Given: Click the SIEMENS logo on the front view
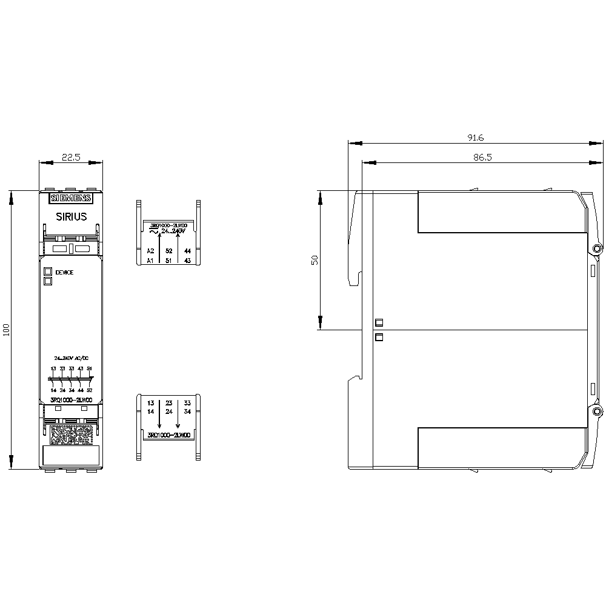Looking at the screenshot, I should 70,198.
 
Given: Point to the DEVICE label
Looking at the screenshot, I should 64,273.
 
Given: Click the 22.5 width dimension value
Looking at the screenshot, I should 71,158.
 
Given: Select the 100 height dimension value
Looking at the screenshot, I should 7,330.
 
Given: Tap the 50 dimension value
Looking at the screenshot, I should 315,260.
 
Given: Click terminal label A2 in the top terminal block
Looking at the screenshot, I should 151,250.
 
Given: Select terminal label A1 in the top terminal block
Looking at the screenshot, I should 151,261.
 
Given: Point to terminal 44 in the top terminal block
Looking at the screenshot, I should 187,250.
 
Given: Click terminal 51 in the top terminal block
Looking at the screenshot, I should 169,261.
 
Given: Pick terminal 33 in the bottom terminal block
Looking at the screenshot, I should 187,402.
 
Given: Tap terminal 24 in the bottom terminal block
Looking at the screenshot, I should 169,412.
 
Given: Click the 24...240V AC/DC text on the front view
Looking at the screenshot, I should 72,359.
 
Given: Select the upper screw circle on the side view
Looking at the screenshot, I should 597,249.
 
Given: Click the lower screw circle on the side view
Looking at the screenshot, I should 597,412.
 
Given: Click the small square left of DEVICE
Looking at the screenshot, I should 47,272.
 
